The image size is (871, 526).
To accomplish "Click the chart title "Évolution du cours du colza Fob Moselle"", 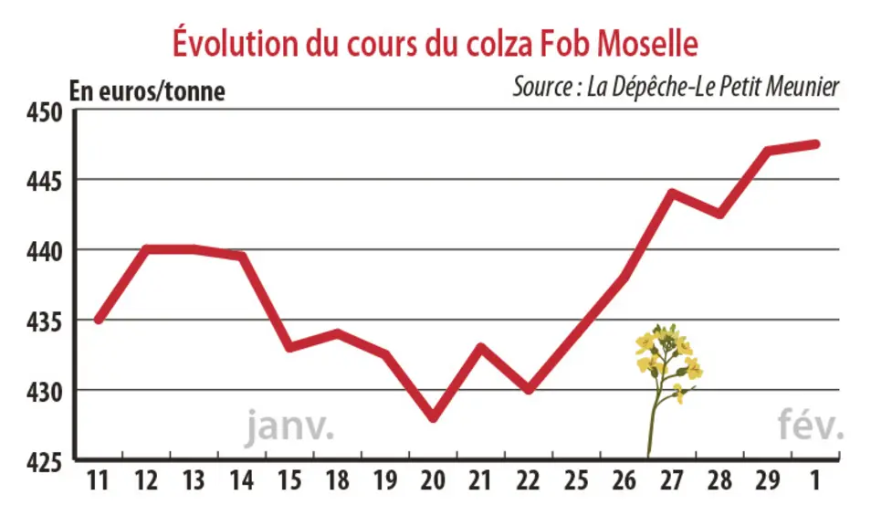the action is pyautogui.click(x=435, y=42).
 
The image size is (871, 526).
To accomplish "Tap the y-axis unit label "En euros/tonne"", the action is pyautogui.click(x=147, y=91).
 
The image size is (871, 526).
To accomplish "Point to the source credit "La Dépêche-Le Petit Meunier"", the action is pyautogui.click(x=713, y=87).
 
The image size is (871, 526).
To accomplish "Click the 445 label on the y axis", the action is pyautogui.click(x=45, y=182).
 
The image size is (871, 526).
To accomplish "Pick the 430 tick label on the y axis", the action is pyautogui.click(x=45, y=392).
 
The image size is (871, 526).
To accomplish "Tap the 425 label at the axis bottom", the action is pyautogui.click(x=45, y=462).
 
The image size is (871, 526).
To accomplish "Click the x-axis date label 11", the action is pyautogui.click(x=98, y=480).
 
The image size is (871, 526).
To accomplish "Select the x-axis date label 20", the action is pyautogui.click(x=434, y=480).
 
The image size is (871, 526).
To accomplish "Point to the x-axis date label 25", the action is pyautogui.click(x=577, y=480).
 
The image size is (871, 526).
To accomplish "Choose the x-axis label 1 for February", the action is pyautogui.click(x=815, y=480).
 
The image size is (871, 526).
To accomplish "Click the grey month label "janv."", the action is pyautogui.click(x=289, y=426).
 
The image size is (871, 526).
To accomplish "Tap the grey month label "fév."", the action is pyautogui.click(x=811, y=424).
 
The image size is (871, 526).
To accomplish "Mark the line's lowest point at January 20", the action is pyautogui.click(x=434, y=417).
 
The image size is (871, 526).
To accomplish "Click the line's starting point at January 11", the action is pyautogui.click(x=99, y=320).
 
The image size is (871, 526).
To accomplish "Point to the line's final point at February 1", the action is pyautogui.click(x=816, y=144).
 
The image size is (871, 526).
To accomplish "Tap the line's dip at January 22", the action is pyautogui.click(x=530, y=389).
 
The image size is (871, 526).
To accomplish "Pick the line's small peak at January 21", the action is pyautogui.click(x=481, y=348).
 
